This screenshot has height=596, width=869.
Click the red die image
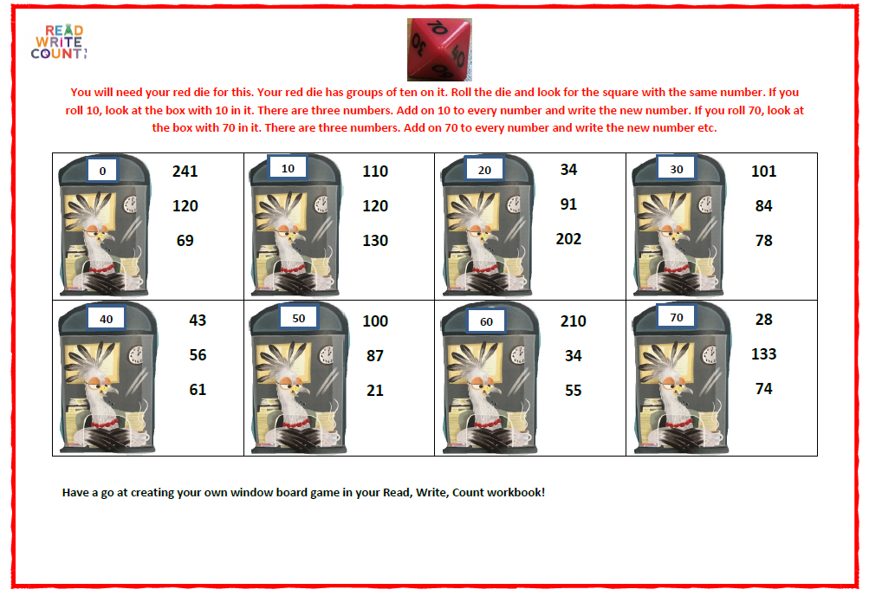click(x=439, y=49)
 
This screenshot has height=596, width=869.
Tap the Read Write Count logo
click(x=59, y=42)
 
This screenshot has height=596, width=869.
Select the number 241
click(x=185, y=172)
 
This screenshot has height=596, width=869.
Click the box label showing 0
click(x=102, y=171)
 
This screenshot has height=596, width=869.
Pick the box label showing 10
click(x=288, y=168)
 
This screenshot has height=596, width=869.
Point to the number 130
click(x=375, y=241)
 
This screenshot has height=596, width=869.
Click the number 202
click(x=568, y=239)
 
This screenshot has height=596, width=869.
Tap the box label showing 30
click(x=676, y=168)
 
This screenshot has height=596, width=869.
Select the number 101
click(x=763, y=172)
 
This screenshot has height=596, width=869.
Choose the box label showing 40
click(x=106, y=319)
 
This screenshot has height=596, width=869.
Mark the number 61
click(x=198, y=390)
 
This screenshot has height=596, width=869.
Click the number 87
click(x=375, y=355)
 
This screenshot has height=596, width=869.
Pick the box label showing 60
click(x=486, y=321)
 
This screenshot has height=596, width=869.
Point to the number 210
click(x=573, y=321)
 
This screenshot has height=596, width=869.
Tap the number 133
click(x=763, y=354)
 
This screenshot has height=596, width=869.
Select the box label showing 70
click(x=676, y=317)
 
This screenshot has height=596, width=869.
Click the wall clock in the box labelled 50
click(x=327, y=354)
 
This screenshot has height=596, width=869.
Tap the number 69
click(x=185, y=241)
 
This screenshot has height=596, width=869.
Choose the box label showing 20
click(x=484, y=170)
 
